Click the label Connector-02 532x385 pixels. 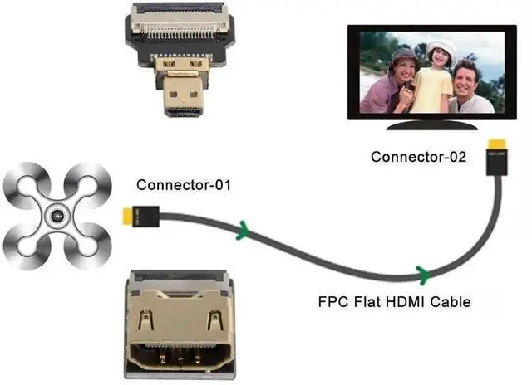(x=418, y=156)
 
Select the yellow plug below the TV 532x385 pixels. (x=496, y=154)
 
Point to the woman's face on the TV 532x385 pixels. (x=404, y=66)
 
